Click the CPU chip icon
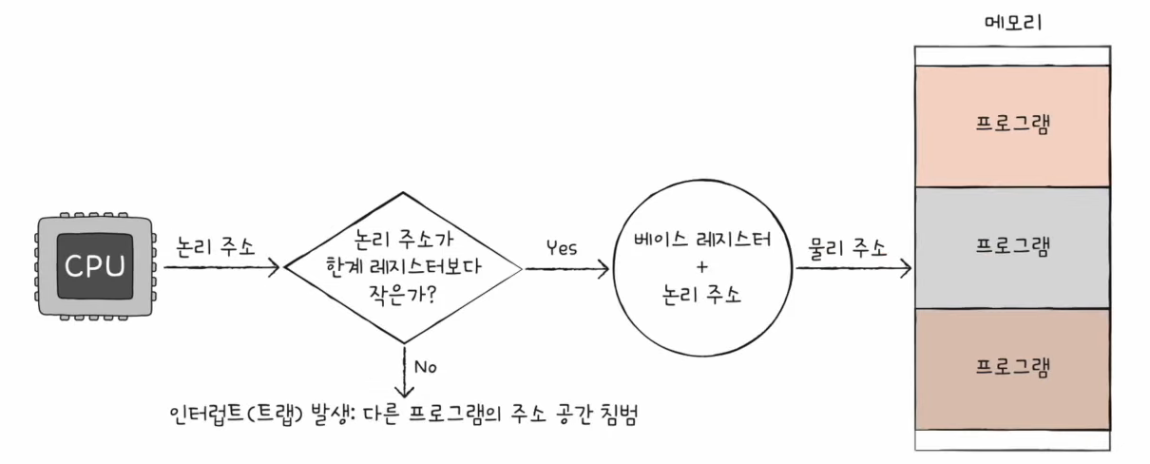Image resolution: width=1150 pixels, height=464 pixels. click(x=95, y=267)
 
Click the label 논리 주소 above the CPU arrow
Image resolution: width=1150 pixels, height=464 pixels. click(x=218, y=244)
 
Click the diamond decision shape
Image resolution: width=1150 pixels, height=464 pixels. click(x=404, y=267)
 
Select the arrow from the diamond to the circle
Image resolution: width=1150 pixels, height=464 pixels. click(x=566, y=269)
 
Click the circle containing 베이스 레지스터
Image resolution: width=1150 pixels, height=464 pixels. click(x=702, y=268)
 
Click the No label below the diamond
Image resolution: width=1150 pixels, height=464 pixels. click(x=425, y=366)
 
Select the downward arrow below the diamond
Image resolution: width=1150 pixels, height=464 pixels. click(x=405, y=371)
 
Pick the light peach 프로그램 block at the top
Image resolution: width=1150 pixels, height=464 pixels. click(x=1012, y=126)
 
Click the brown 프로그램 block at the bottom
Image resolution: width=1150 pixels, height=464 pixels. click(x=1012, y=369)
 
